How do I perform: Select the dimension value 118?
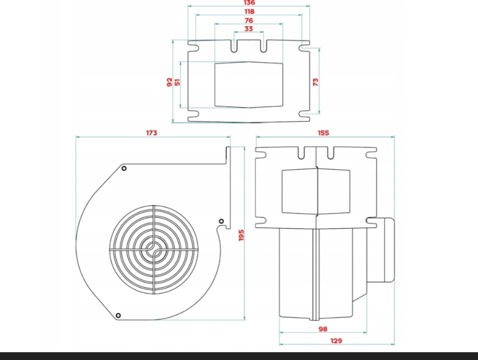click(x=249, y=11)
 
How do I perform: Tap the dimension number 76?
click(x=249, y=21)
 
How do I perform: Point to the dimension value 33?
click(x=249, y=30)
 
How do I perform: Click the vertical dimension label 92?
click(x=169, y=82)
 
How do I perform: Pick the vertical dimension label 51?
click(x=178, y=82)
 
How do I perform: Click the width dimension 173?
click(x=151, y=133)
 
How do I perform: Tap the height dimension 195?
click(x=241, y=235)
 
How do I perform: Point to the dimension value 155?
click(x=323, y=133)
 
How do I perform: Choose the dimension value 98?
click(x=323, y=329)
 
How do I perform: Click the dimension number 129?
click(x=337, y=341)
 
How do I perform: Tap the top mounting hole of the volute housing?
click(x=124, y=168)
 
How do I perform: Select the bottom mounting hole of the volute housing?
click(x=118, y=315)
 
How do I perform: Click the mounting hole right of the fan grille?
click(x=221, y=222)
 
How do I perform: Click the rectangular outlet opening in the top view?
click(x=249, y=85)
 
